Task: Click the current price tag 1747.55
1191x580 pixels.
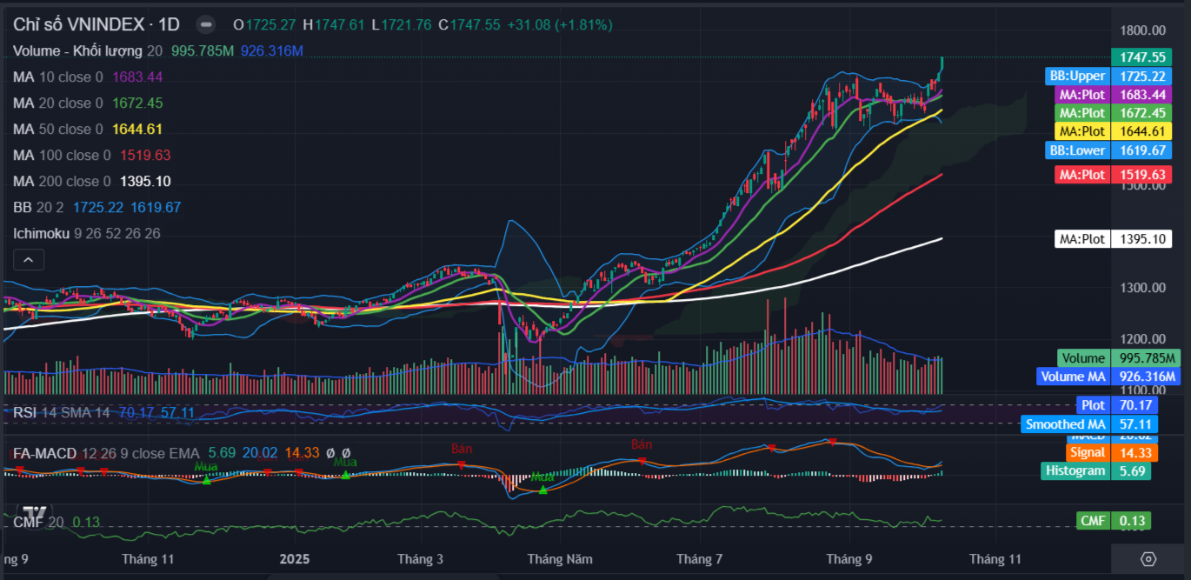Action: tap(1141, 57)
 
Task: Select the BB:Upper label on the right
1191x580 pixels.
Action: tap(1077, 76)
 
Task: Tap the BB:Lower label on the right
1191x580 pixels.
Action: tap(1077, 150)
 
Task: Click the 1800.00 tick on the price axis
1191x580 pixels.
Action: tap(1141, 30)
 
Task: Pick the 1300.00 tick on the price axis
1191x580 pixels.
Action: tap(1141, 287)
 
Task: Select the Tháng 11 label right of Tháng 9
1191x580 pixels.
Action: tap(995, 558)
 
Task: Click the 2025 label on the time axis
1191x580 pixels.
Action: tap(296, 558)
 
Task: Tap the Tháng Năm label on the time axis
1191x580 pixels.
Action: tap(560, 558)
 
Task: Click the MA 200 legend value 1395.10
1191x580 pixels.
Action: tap(145, 181)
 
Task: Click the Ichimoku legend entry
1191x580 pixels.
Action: tap(43, 233)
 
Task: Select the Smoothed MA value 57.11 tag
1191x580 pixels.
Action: tap(1134, 424)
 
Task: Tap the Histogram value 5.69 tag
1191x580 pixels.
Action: tap(1134, 470)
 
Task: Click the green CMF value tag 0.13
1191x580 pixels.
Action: tap(1134, 521)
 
